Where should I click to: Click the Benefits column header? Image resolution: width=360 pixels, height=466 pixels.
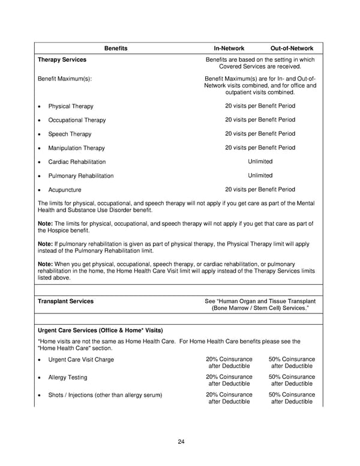click(x=116, y=48)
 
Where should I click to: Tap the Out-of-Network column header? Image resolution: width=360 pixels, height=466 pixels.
click(x=292, y=48)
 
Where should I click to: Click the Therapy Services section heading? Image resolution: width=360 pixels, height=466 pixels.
click(x=62, y=60)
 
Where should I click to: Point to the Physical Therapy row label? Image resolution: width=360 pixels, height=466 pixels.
click(x=71, y=106)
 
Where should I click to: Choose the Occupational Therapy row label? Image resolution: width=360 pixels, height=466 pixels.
click(x=77, y=120)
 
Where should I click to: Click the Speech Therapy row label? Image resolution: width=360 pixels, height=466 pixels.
click(x=70, y=134)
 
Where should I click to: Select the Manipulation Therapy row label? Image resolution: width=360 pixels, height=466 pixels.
click(x=76, y=148)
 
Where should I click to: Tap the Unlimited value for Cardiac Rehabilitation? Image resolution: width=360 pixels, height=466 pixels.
click(x=260, y=162)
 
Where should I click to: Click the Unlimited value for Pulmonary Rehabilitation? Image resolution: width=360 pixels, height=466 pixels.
click(x=260, y=175)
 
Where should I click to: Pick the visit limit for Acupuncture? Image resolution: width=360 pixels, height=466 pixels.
click(x=260, y=189)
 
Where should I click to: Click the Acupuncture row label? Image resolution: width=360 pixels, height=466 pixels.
click(x=65, y=190)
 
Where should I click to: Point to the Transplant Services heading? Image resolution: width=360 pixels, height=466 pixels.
click(x=65, y=301)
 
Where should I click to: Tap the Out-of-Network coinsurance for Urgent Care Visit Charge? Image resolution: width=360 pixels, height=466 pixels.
click(x=292, y=363)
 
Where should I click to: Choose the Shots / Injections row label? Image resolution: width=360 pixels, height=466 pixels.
click(x=105, y=395)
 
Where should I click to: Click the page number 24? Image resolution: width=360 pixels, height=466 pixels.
click(x=181, y=442)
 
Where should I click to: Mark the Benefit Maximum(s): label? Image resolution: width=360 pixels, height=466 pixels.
click(x=65, y=79)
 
